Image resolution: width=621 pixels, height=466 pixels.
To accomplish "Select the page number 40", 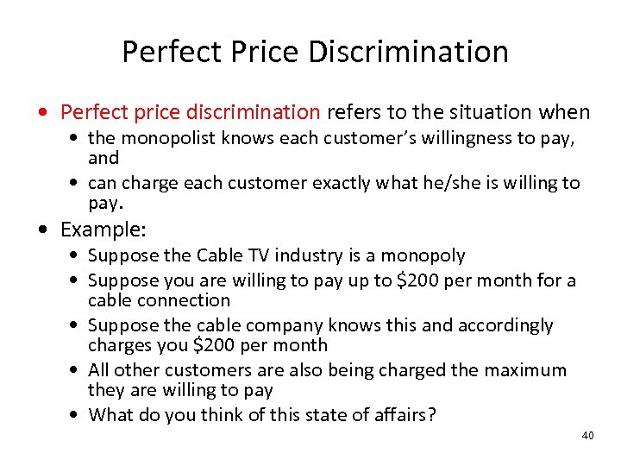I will point(587,436).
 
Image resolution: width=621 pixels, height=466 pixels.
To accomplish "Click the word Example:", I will point(103,230).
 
